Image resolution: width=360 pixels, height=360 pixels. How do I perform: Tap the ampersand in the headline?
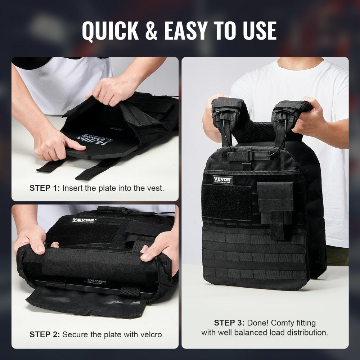pyautogui.click(x=152, y=31)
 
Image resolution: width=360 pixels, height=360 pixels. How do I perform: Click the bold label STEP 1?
pyautogui.click(x=45, y=188)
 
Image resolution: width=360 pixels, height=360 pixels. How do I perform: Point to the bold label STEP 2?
pyautogui.click(x=45, y=334)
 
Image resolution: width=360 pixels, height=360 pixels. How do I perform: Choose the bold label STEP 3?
pyautogui.click(x=229, y=323)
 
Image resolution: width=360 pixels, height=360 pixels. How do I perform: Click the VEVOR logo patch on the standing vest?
pyautogui.click(x=222, y=180)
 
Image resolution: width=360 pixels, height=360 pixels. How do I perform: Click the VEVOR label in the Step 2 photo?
pyautogui.click(x=84, y=220)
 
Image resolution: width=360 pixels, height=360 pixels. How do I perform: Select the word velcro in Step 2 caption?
pyautogui.click(x=153, y=334)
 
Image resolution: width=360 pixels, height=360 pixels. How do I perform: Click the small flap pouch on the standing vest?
pyautogui.click(x=275, y=197)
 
